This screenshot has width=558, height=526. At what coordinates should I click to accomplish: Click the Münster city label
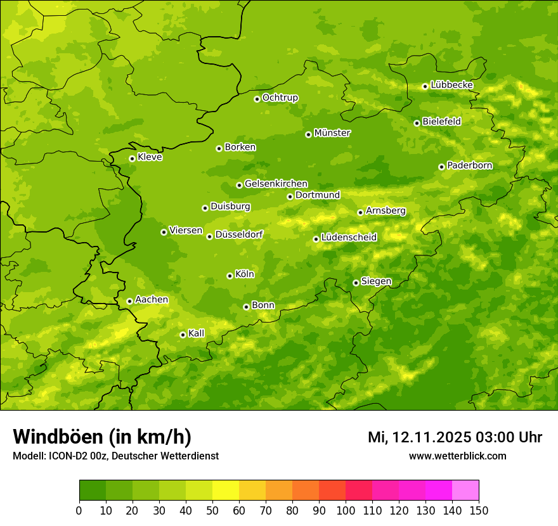coord(332,133)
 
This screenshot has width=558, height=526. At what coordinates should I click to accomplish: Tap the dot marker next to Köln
coord(230,276)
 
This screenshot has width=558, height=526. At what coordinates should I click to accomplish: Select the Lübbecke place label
coord(451,85)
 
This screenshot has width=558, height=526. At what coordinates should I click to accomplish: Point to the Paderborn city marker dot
coord(441,167)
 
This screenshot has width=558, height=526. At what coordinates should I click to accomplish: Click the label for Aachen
coord(152,300)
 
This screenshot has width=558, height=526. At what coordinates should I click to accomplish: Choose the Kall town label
coord(197,333)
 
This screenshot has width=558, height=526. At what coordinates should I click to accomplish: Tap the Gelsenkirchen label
coord(276,184)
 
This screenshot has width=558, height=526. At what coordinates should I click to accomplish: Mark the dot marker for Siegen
coord(356,283)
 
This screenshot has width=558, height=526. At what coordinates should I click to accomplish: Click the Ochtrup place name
coord(280,98)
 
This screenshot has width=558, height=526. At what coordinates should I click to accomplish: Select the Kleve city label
coord(150,157)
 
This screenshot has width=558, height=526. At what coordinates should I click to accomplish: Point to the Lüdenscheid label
coord(349,238)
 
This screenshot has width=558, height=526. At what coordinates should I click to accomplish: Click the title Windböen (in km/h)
coord(102,437)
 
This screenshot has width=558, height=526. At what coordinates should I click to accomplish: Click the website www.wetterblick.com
coord(457,456)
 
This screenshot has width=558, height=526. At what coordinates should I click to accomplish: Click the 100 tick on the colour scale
coord(346,510)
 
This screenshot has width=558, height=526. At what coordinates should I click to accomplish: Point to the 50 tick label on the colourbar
coord(212,510)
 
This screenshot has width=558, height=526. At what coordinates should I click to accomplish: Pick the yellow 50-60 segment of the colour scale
coord(226,491)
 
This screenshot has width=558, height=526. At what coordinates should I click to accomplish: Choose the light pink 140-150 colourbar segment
coord(465,491)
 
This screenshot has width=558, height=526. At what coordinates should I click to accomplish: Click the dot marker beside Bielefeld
coord(417,123)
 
